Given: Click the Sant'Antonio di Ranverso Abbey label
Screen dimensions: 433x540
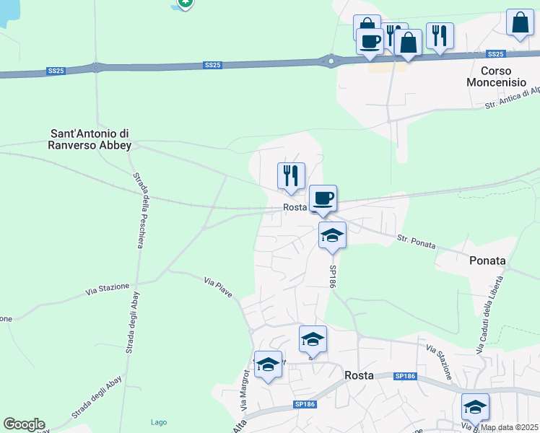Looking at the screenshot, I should click(90, 139).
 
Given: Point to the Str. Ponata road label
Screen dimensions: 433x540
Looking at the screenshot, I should click(417, 241).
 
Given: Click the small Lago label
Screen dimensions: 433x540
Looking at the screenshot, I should click(159, 422).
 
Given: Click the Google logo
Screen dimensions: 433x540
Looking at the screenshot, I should click(24, 424).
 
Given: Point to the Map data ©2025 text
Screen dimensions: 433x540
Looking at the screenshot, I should click(510, 427).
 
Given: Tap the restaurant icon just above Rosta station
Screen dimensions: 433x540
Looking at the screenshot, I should click(291, 175).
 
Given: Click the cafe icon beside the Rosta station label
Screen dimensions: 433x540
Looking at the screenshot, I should click(323, 198).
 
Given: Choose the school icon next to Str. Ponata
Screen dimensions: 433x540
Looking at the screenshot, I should click(332, 235).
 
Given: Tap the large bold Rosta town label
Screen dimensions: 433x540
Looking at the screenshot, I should click(359, 375).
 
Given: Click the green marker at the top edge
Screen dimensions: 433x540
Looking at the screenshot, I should click(186, 4).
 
